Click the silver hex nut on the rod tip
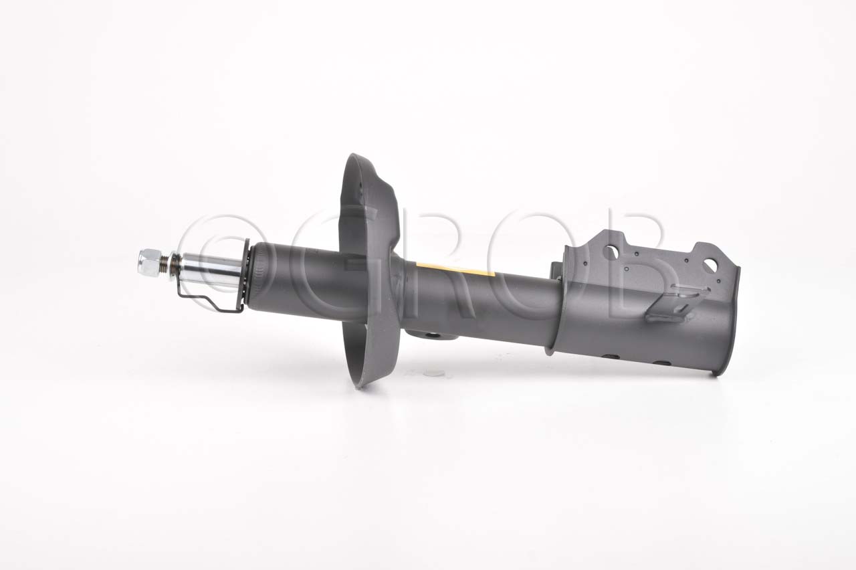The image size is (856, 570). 150,263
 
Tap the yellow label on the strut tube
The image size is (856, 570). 455,269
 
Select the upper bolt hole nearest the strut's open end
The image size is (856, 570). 710,266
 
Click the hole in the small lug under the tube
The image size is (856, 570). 433,336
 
